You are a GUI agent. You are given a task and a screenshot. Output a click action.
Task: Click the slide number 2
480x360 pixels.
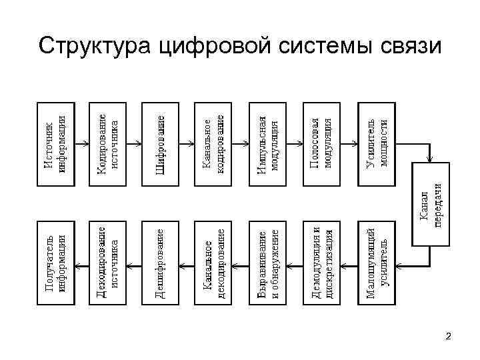[x=448, y=336]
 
